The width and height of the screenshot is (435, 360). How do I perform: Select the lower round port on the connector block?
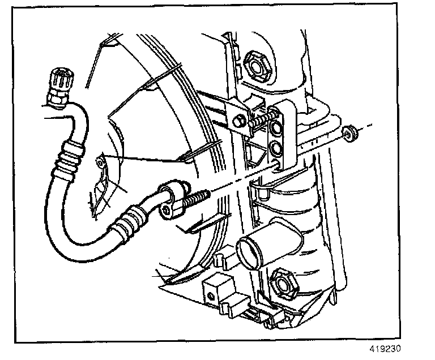[276, 149]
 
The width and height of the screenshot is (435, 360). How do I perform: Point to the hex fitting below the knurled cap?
[57, 100]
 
